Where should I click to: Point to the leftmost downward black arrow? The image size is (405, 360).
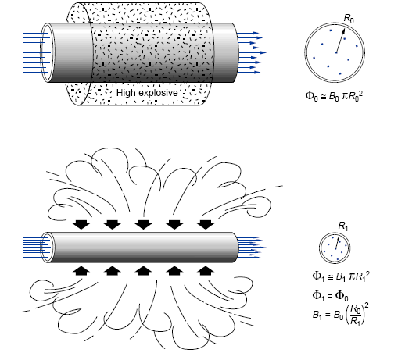81,226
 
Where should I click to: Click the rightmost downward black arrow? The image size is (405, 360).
205,226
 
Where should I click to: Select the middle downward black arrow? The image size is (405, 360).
142,226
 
